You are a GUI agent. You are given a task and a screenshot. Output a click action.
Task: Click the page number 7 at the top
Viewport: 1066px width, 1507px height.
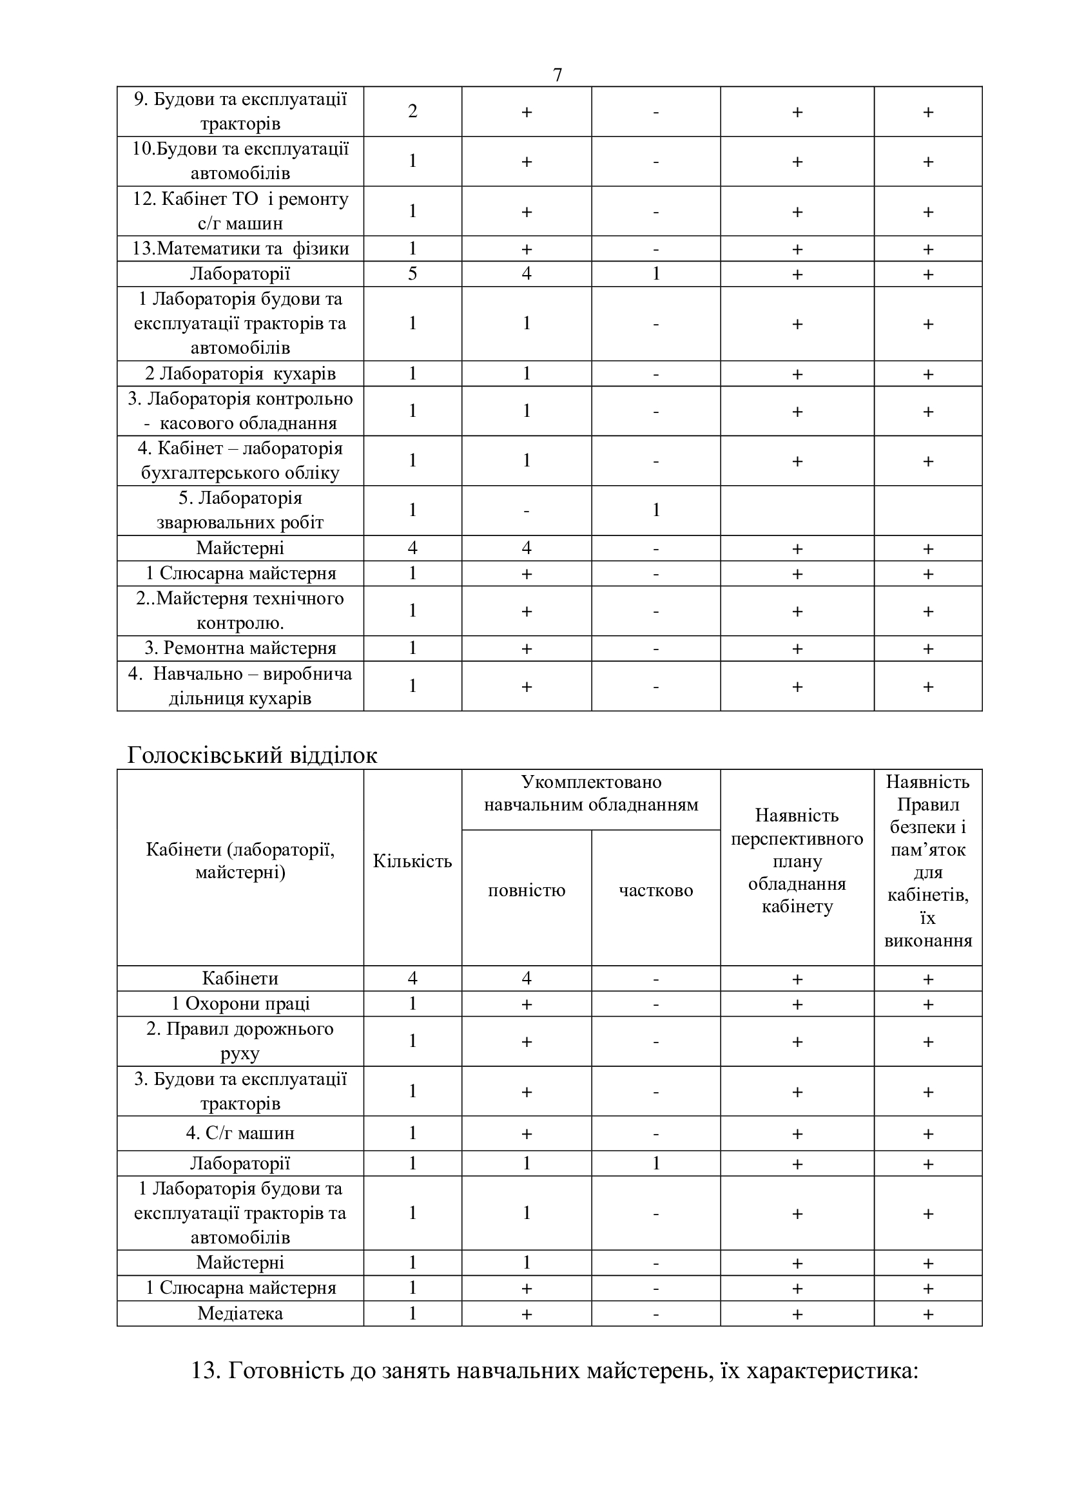(x=557, y=75)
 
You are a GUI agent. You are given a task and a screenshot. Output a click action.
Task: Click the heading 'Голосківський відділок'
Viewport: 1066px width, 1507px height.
(x=252, y=756)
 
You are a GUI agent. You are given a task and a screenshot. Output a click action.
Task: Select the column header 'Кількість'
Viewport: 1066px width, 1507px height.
(x=412, y=861)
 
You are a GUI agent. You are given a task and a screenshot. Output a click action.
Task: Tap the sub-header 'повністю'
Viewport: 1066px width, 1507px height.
(x=527, y=890)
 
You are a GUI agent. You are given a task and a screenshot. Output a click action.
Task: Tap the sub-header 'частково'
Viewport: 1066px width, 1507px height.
(x=655, y=890)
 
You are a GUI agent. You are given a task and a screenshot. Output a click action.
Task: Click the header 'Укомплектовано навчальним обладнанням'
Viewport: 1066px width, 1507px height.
(x=591, y=793)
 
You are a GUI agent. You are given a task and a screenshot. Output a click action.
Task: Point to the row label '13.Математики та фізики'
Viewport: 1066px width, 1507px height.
(x=240, y=249)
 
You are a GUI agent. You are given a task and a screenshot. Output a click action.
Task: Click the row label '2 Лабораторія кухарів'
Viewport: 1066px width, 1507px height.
(x=240, y=374)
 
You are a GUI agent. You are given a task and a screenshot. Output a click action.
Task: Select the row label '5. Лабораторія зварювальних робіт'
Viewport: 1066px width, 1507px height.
(x=240, y=510)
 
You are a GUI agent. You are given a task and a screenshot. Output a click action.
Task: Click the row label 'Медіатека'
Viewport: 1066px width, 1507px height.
(x=240, y=1313)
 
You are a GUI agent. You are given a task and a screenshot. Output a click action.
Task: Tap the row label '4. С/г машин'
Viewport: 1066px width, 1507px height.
(x=240, y=1133)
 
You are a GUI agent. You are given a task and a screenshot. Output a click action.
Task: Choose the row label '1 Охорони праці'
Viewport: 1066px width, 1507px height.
(x=240, y=1004)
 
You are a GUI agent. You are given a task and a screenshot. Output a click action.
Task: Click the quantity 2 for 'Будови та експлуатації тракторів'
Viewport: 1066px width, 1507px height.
(x=412, y=111)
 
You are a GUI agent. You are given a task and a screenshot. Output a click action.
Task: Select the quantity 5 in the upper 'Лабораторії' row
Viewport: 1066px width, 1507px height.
(x=412, y=274)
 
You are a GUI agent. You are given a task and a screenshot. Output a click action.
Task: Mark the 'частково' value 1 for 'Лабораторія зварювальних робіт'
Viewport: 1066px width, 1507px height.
(x=655, y=510)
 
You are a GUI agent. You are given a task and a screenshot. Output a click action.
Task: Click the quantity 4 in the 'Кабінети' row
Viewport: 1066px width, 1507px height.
(x=412, y=979)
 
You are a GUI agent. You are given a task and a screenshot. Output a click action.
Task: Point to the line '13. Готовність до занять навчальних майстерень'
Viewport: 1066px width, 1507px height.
(x=554, y=1371)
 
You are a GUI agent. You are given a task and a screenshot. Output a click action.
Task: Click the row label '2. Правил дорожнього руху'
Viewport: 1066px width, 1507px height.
(x=240, y=1041)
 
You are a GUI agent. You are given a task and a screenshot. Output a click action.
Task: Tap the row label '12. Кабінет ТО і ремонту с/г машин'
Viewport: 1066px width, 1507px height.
(x=240, y=211)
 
